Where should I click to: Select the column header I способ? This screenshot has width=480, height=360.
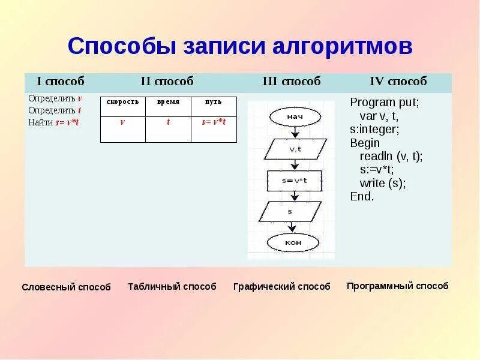click(61, 81)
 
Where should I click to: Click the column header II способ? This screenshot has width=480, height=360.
click(167, 81)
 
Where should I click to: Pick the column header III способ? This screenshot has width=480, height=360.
click(292, 81)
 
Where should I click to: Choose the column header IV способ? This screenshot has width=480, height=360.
click(398, 81)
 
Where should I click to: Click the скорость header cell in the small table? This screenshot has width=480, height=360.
click(122, 102)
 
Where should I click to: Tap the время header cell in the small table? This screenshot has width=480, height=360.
click(168, 102)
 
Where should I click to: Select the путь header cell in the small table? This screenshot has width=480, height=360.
click(214, 102)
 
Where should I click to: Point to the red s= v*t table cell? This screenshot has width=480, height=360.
click(214, 122)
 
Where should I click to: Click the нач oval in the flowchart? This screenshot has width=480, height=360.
click(293, 116)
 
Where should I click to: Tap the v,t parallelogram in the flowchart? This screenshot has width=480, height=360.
click(295, 149)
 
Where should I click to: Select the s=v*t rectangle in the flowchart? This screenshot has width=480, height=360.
click(294, 181)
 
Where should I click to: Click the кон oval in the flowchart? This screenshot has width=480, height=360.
click(293, 242)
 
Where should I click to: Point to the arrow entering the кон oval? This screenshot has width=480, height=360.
click(292, 227)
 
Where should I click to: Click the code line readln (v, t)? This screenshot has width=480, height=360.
click(391, 157)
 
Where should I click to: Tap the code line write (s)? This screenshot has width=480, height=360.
click(383, 183)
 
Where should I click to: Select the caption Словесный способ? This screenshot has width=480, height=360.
click(66, 287)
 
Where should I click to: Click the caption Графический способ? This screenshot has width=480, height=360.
click(281, 287)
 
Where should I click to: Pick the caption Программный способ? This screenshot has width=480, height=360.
click(397, 286)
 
